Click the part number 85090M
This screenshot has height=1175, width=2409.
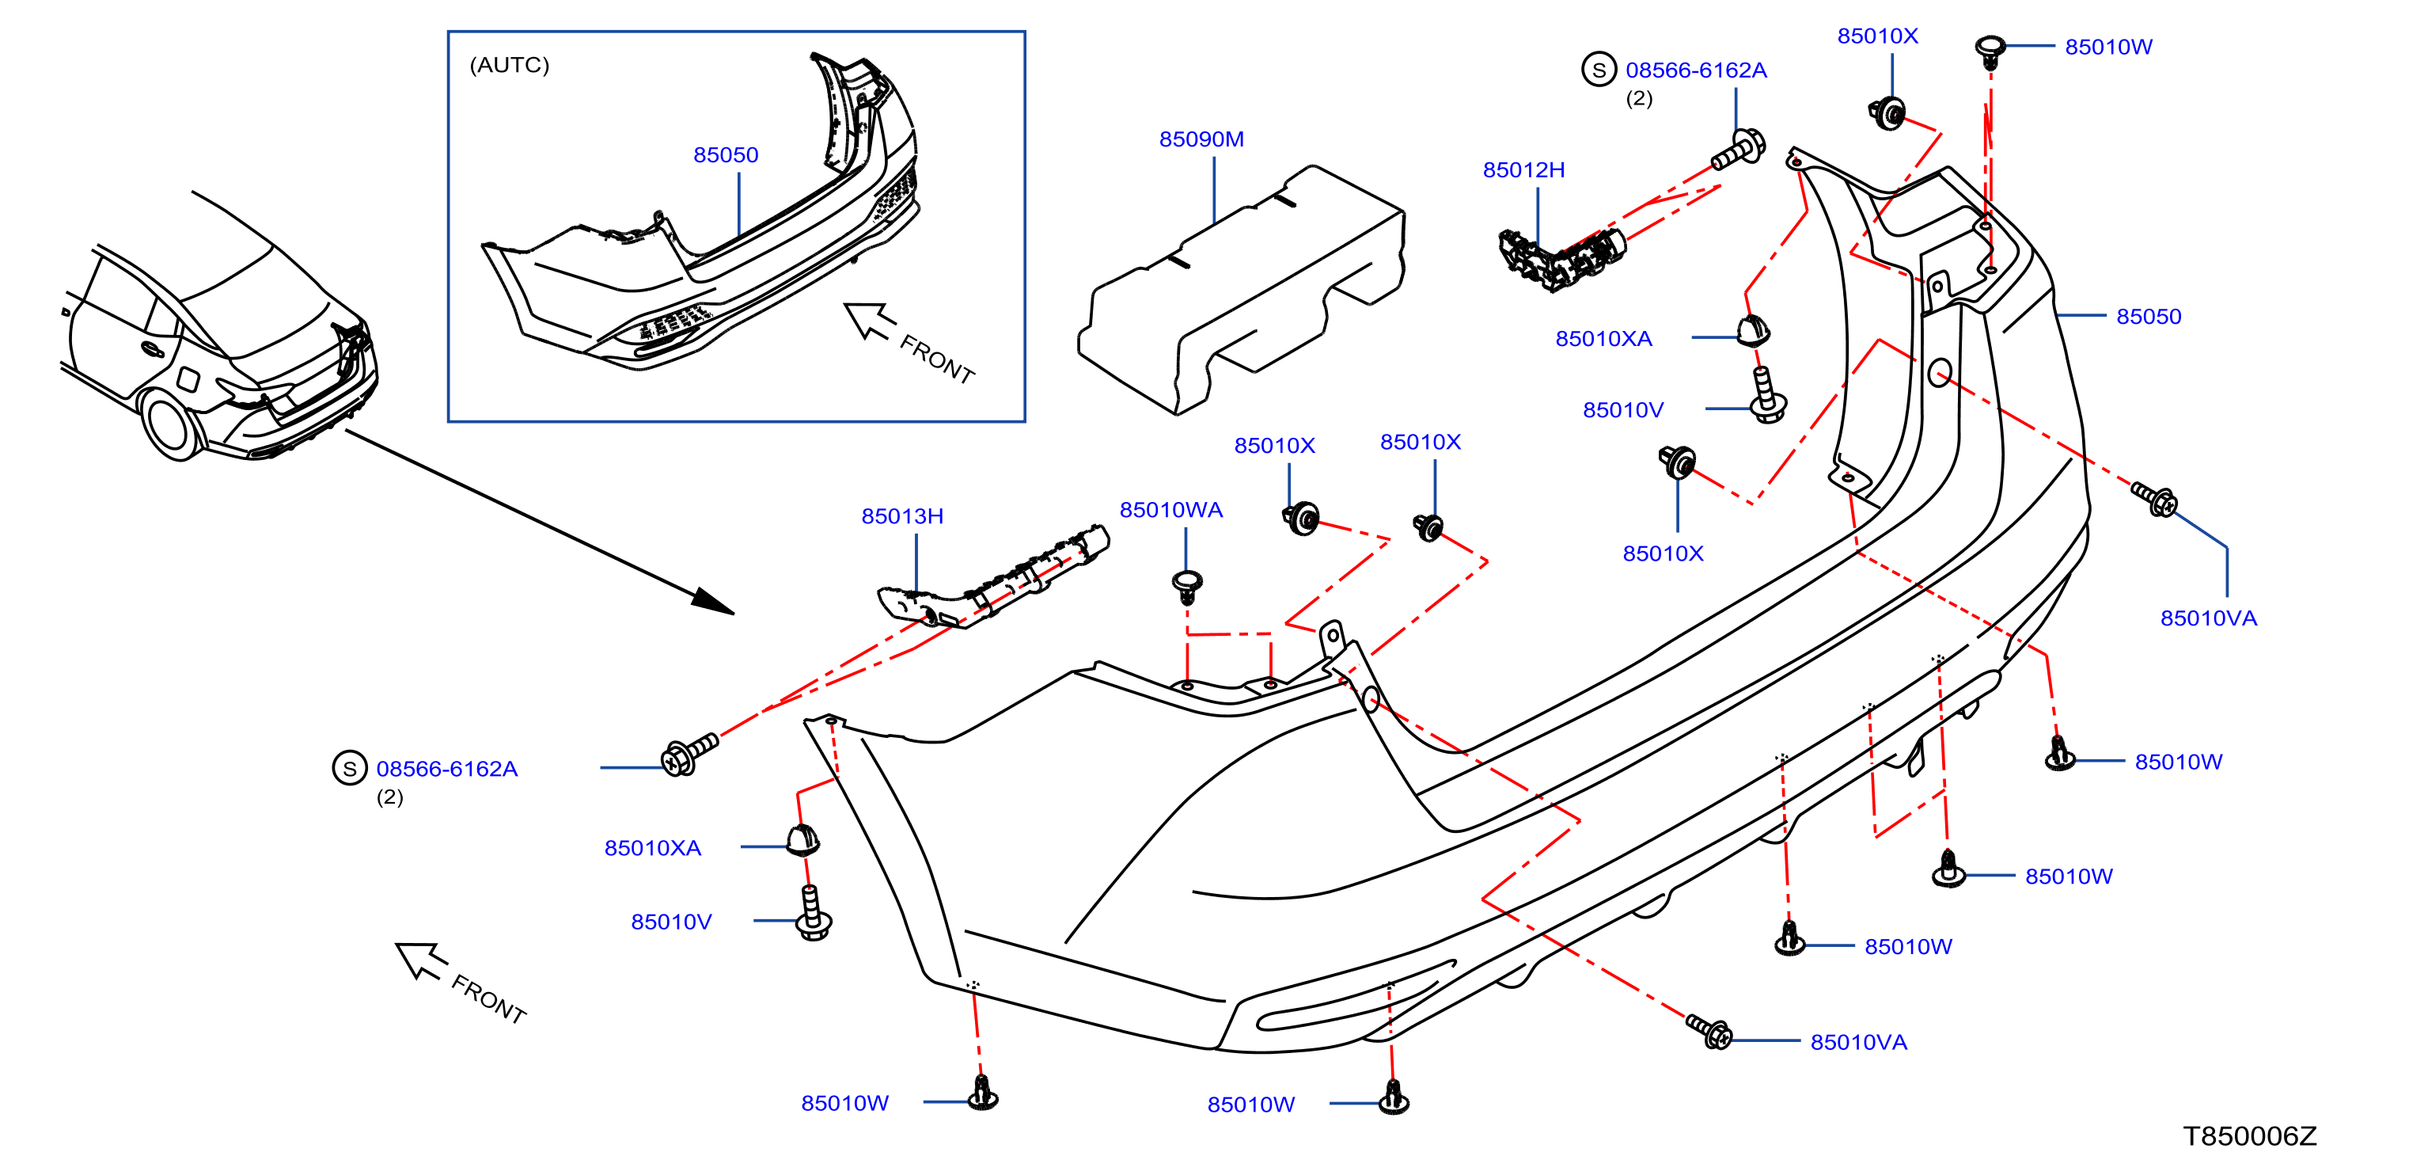(x=1201, y=139)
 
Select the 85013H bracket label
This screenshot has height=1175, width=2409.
(x=901, y=516)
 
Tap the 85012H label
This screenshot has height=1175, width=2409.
(x=1523, y=170)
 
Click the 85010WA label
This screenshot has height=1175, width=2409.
(x=1170, y=510)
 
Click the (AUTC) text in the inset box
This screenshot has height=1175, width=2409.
(x=509, y=65)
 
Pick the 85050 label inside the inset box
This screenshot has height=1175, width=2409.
(x=726, y=155)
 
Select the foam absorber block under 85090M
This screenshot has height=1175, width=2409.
(x=1241, y=290)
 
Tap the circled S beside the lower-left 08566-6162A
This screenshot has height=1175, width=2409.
(x=350, y=768)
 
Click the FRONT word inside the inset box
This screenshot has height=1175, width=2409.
(x=937, y=359)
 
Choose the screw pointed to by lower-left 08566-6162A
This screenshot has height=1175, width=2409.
(x=689, y=754)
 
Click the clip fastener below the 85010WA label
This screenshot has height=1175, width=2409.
(x=1187, y=586)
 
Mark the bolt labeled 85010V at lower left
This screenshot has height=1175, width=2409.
(x=814, y=913)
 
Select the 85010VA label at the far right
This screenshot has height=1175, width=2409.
(x=2208, y=618)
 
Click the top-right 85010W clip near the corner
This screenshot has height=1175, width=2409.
(x=1990, y=51)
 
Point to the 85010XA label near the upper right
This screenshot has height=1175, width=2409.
(x=1603, y=339)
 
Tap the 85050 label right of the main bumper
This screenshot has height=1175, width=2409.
(x=2148, y=316)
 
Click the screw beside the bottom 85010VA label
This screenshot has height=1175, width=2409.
(x=1709, y=1031)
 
